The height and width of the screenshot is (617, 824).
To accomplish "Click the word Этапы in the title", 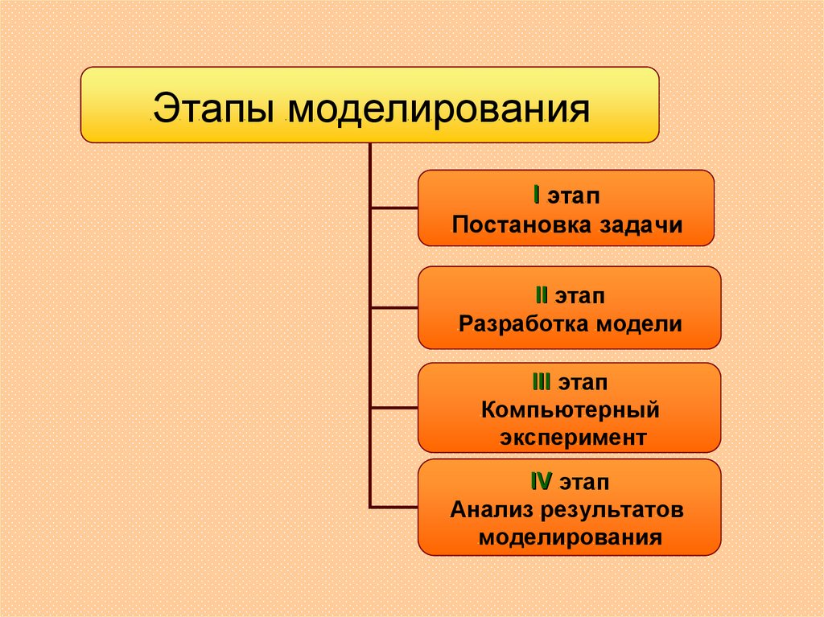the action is [x=215, y=109].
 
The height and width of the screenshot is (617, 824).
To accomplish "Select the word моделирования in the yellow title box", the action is [x=440, y=109].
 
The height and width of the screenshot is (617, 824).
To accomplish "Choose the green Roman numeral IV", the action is [x=540, y=482].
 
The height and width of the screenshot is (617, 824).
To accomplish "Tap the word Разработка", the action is [x=524, y=324].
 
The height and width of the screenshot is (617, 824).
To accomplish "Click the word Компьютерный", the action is [x=571, y=410].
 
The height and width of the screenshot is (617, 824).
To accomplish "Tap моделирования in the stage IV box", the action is [x=570, y=537].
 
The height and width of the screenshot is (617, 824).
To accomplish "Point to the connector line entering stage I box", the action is [x=393, y=208].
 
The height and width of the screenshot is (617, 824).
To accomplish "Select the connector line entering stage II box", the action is [x=393, y=307].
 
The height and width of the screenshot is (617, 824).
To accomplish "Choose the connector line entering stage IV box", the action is [x=393, y=507].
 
